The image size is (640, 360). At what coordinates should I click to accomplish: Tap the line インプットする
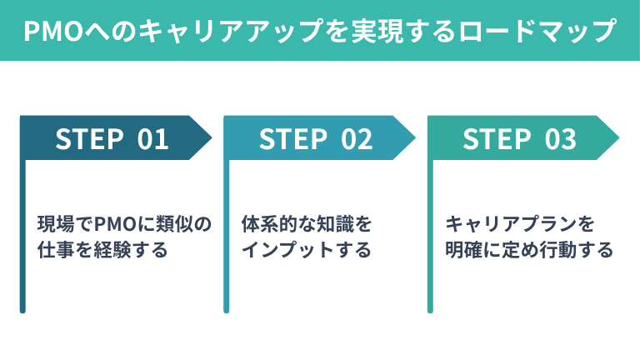coord(306,249)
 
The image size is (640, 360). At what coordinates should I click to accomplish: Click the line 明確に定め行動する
coord(529,249)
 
